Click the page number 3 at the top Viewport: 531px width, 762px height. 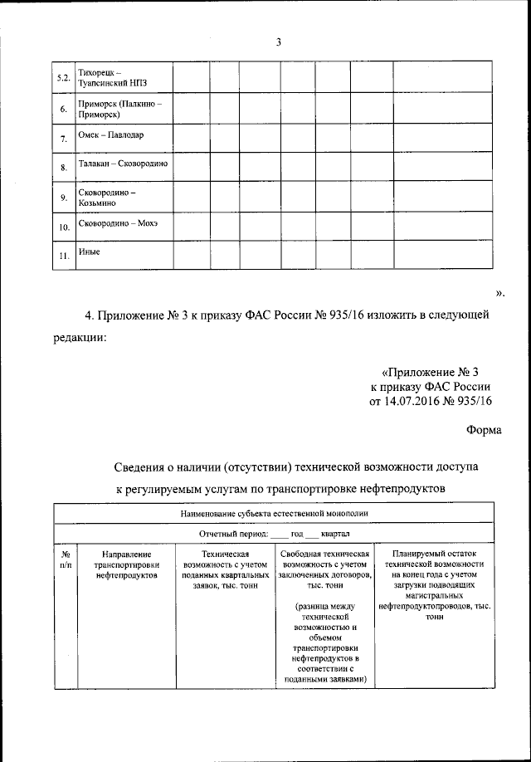click(279, 43)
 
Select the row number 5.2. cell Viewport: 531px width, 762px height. click(62, 78)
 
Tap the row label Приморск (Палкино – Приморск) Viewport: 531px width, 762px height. click(118, 110)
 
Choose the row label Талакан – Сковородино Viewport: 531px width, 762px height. click(123, 164)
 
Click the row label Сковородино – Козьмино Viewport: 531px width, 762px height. click(106, 197)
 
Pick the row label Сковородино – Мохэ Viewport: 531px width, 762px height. click(117, 224)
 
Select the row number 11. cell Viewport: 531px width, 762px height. click(62, 256)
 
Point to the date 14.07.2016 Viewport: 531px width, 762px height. click(410, 401)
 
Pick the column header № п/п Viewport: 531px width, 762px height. click(66, 559)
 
